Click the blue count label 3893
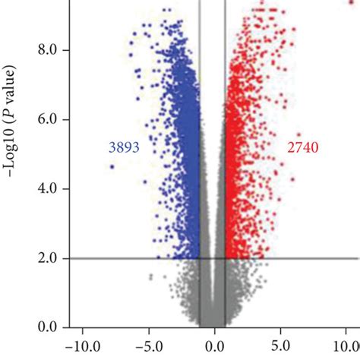point(123,148)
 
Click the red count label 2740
point(302,148)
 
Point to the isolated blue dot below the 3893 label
point(112,166)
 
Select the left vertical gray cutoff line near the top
point(201,15)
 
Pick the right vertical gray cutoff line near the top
point(226,15)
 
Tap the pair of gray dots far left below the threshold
point(150,278)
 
